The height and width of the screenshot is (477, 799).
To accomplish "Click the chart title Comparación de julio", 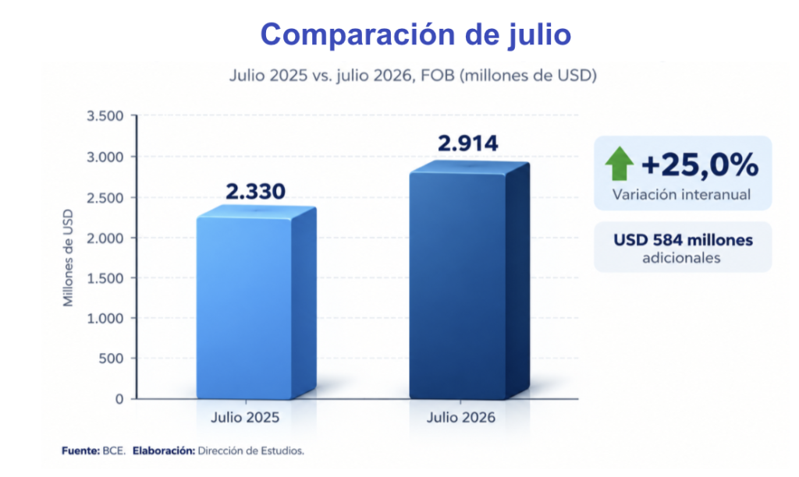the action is point(415,35).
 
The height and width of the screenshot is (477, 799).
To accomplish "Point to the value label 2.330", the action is point(255,192).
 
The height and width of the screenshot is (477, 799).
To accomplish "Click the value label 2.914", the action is point(468,143).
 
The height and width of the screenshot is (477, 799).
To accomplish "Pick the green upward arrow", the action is point(619,164).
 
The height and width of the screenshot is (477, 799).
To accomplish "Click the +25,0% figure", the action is point(700,165).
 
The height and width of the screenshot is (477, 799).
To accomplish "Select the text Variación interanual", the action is point(681,195).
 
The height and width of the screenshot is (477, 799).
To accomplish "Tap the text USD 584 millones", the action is point(683,240).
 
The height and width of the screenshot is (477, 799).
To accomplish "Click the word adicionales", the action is point(681,258).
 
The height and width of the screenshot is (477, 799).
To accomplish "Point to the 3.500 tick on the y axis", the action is point(105,116).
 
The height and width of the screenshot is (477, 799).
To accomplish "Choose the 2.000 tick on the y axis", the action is point(105,238).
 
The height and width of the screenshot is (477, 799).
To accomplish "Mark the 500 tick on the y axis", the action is point(111,359).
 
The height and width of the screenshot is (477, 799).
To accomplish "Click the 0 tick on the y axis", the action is point(119,399).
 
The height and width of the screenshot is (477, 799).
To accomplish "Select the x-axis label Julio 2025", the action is point(245,418).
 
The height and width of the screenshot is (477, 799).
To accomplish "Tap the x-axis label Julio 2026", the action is point(460,418).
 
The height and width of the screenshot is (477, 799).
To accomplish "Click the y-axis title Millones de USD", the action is point(68,257).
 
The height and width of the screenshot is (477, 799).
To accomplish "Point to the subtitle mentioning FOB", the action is point(413,76).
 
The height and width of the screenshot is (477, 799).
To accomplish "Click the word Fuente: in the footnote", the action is point(80,450).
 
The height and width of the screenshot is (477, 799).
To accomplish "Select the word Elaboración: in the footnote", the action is point(164,450).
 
